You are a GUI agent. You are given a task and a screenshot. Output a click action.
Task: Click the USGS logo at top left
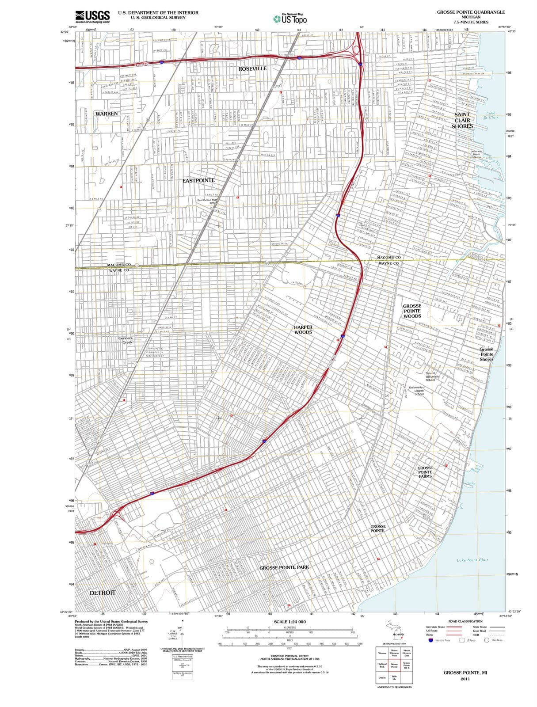[x=92, y=16]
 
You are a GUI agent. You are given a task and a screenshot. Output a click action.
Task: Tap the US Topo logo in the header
[x=290, y=19]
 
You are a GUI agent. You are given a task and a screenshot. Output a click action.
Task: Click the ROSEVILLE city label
[x=252, y=68]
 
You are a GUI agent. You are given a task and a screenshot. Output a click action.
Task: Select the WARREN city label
[x=107, y=114]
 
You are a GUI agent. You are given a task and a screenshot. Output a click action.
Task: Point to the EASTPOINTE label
[x=198, y=180]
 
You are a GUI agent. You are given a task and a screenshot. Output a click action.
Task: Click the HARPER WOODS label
[x=303, y=330]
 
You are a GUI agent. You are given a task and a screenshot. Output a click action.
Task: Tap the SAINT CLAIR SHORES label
[x=462, y=120]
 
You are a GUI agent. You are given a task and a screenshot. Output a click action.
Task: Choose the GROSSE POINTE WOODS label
[x=412, y=311]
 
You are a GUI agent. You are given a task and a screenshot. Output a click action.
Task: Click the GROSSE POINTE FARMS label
[x=425, y=472]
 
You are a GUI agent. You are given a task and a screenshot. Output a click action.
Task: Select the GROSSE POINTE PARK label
[x=284, y=567]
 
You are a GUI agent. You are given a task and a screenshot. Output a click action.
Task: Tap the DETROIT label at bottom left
[x=103, y=593]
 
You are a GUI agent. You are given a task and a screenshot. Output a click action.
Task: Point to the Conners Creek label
[x=126, y=340]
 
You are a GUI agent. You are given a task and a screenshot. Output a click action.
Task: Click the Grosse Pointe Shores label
[x=486, y=354]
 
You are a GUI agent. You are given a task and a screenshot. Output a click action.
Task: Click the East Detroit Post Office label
[x=211, y=201]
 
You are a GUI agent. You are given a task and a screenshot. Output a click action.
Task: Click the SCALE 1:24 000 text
[x=289, y=622]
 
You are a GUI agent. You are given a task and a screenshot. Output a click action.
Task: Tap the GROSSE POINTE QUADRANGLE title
[x=471, y=12]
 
